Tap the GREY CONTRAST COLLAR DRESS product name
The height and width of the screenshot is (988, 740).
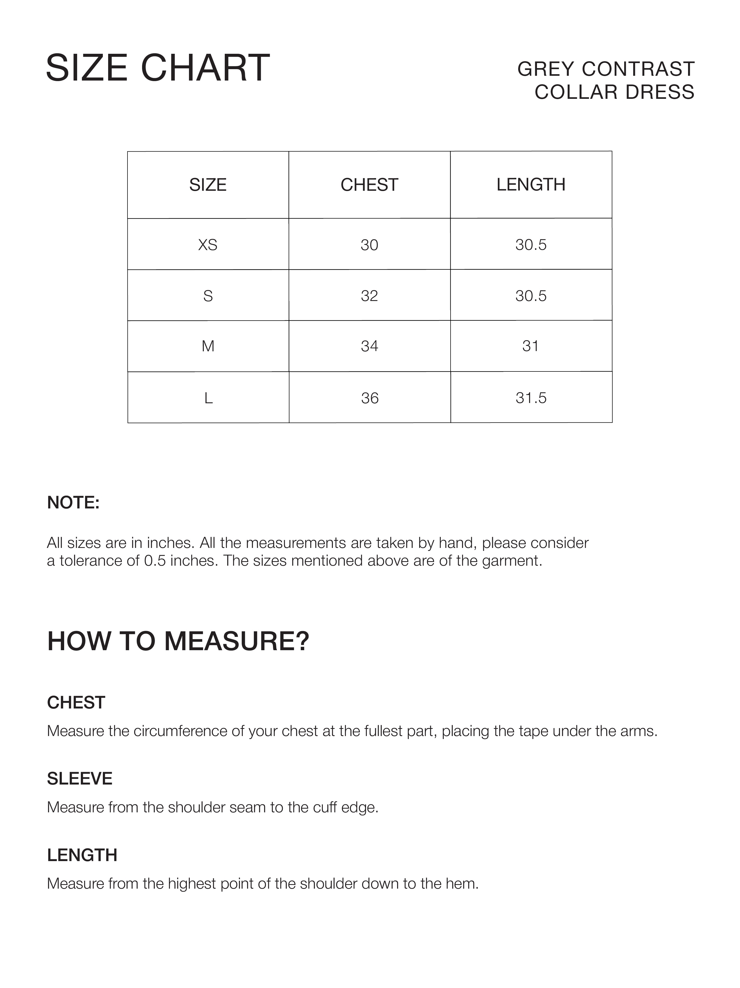coord(606,80)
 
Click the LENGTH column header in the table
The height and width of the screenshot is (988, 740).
coord(531,184)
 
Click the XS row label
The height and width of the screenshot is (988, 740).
coord(208,245)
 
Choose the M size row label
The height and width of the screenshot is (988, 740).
coord(208,346)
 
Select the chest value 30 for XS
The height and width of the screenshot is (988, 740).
coord(369,245)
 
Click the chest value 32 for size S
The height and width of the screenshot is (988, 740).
coord(369,296)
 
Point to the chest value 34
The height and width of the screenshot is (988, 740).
coord(369,346)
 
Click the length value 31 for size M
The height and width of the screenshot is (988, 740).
coord(530,346)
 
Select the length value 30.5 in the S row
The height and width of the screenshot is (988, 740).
coord(531,296)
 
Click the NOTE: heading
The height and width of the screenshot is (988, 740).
coord(73,503)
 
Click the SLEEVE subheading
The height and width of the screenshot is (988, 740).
coord(80,778)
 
